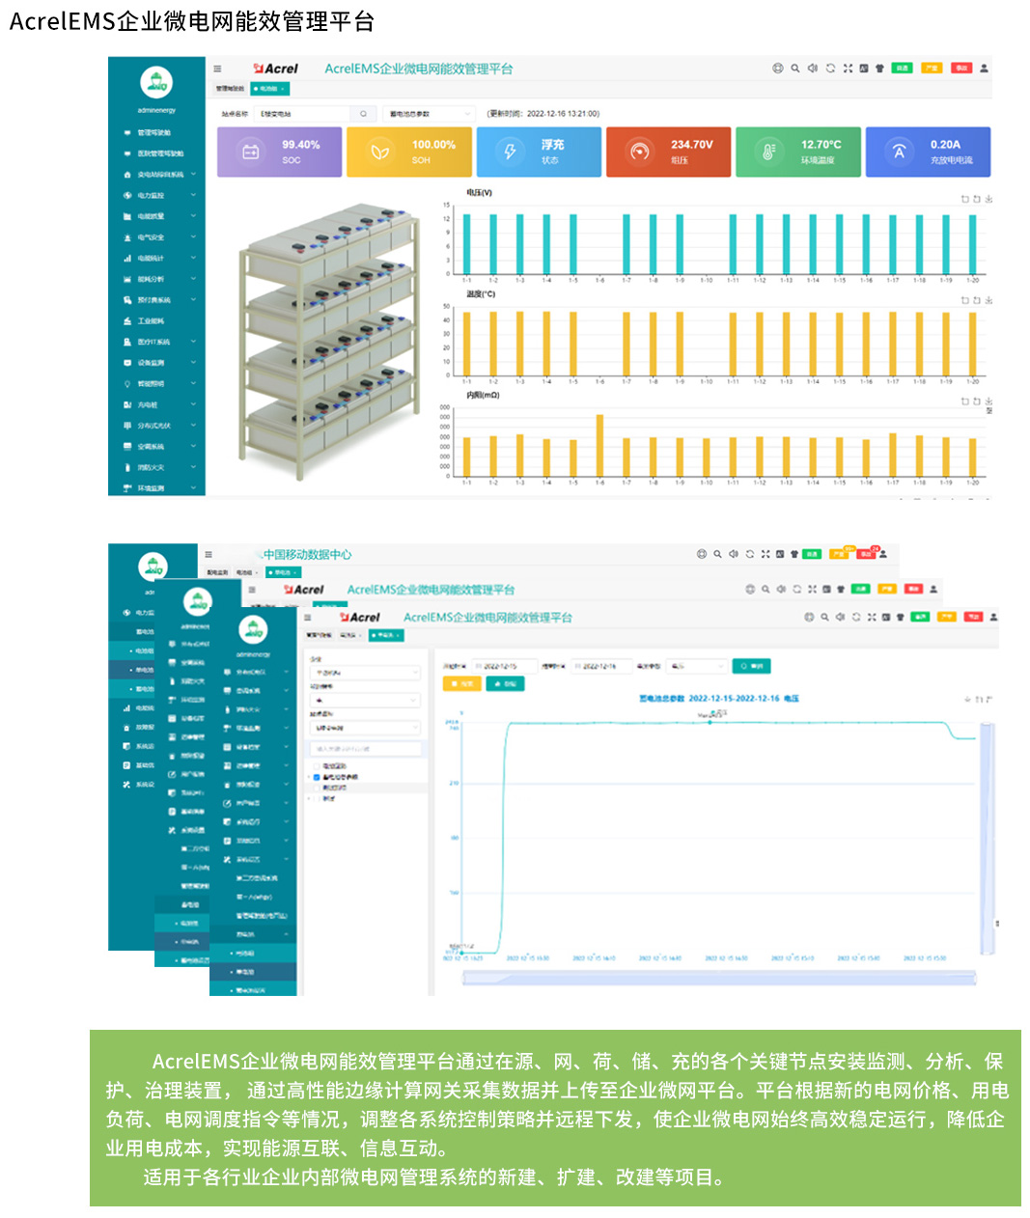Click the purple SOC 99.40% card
279,152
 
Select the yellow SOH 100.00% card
408,152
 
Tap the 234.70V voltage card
668,152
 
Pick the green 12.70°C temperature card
797,152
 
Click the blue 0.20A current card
928,152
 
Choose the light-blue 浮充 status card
539,152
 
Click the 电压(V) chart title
480,193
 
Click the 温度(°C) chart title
481,294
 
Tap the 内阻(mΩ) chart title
483,395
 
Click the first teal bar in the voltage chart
467,243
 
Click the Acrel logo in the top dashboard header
276,69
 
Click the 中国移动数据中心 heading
307,555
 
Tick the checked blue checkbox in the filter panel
317,777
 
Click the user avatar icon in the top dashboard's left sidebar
156,83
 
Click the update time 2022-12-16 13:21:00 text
543,114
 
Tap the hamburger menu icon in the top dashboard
217,69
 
